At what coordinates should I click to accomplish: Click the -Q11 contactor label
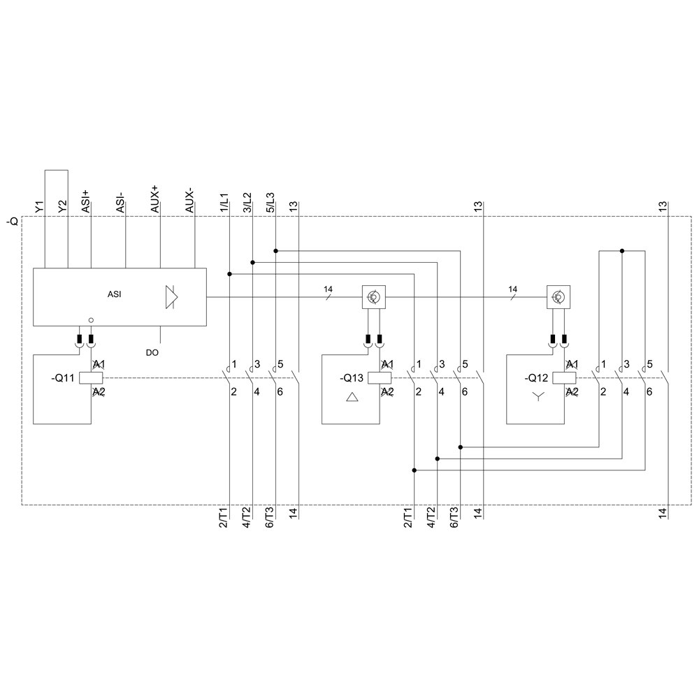tap(65, 378)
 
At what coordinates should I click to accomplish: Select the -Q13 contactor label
tap(352, 378)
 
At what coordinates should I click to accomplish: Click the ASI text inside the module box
tap(114, 295)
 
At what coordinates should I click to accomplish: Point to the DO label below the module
tap(152, 353)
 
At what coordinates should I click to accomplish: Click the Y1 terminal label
tap(40, 206)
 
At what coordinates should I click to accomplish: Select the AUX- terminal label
tap(189, 201)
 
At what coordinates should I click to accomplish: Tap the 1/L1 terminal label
tap(224, 202)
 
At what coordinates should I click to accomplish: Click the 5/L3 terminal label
tap(271, 202)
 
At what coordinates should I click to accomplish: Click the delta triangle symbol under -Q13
tap(352, 398)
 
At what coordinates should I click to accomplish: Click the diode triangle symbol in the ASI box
tap(171, 296)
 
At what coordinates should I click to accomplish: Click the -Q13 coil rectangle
tap(379, 378)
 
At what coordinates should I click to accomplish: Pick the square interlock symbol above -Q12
tap(558, 298)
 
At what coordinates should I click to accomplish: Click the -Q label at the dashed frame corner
tap(12, 222)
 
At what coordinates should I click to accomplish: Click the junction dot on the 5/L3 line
tap(276, 250)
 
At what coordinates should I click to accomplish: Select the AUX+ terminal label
tap(154, 200)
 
